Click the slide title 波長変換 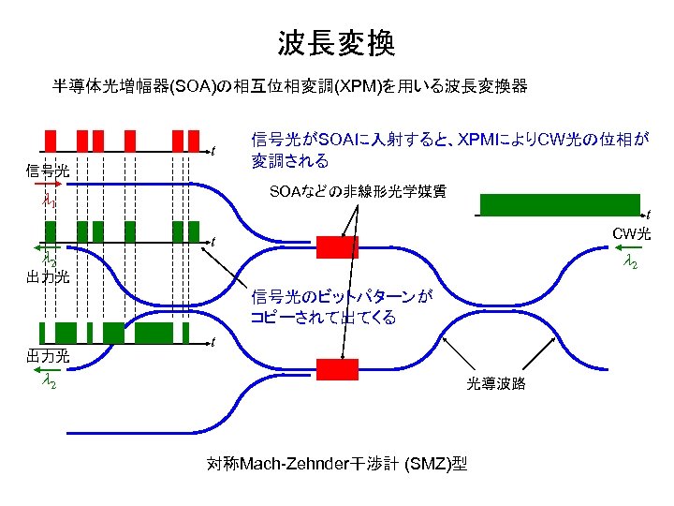336,42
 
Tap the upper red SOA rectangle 330,246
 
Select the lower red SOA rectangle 330,366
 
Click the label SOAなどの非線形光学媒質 358,192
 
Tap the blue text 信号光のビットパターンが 342,297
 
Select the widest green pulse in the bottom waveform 154,332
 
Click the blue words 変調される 290,161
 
